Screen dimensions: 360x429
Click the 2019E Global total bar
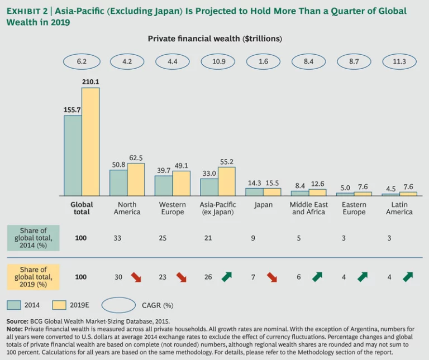pyautogui.click(x=90, y=142)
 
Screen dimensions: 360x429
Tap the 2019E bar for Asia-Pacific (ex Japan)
pyautogui.click(x=226, y=181)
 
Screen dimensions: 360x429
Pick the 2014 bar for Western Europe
pyautogui.click(x=163, y=186)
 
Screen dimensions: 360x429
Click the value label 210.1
pyautogui.click(x=90, y=82)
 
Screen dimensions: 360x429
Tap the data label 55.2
pyautogui.click(x=227, y=162)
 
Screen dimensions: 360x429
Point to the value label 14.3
pyautogui.click(x=254, y=183)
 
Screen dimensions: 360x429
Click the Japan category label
pyautogui.click(x=263, y=205)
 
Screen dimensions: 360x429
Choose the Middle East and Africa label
pyautogui.click(x=308, y=208)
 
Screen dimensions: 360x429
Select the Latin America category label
pyautogui.click(x=399, y=208)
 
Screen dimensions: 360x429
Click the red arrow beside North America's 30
pyautogui.click(x=136, y=277)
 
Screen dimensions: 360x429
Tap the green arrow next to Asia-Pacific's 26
pyautogui.click(x=226, y=277)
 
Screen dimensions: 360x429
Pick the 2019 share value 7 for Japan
pyautogui.click(x=252, y=277)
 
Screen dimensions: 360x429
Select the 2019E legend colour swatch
pyautogui.click(x=59, y=305)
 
